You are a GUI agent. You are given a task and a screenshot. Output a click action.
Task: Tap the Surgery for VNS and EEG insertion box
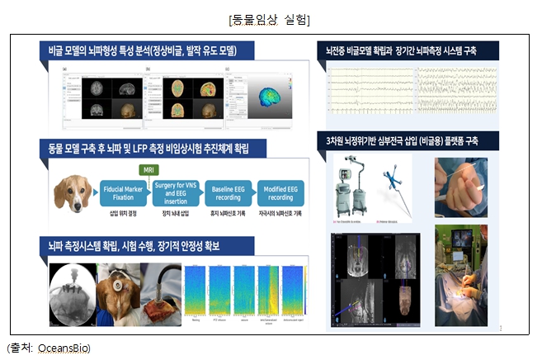175,193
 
